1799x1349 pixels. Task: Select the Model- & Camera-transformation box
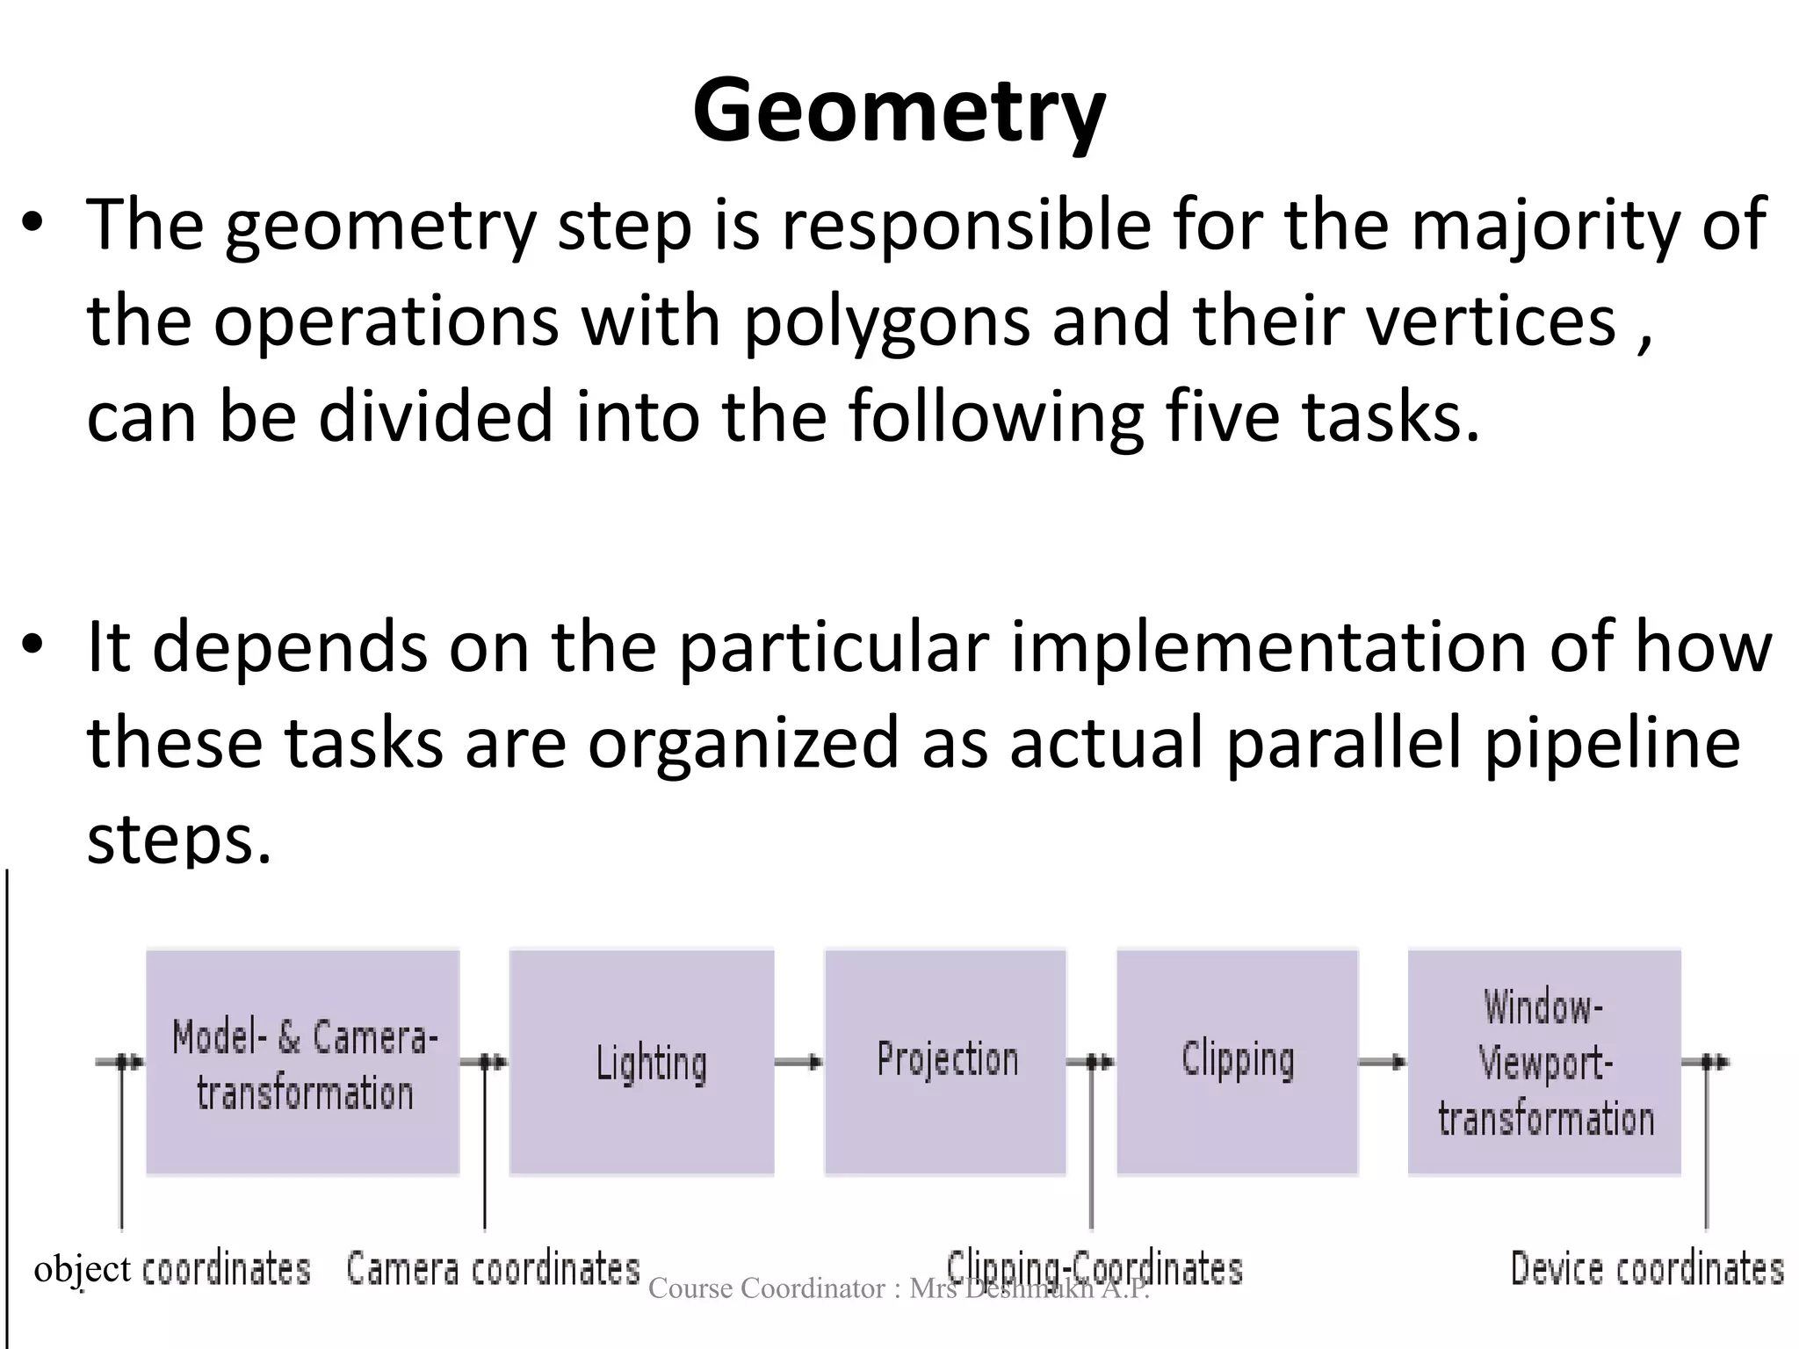303,1062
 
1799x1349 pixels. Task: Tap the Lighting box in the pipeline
642,1062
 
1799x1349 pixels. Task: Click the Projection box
945,1062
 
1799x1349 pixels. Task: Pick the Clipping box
1237,1062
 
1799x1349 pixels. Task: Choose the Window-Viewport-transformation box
1544,1062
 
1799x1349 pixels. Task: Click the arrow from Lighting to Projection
798,1063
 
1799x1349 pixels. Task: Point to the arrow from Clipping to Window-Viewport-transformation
1383,1063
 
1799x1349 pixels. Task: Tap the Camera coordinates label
493,1269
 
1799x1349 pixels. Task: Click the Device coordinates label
1647,1269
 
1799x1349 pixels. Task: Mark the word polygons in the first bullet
886,321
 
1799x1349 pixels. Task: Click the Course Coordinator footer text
899,1288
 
